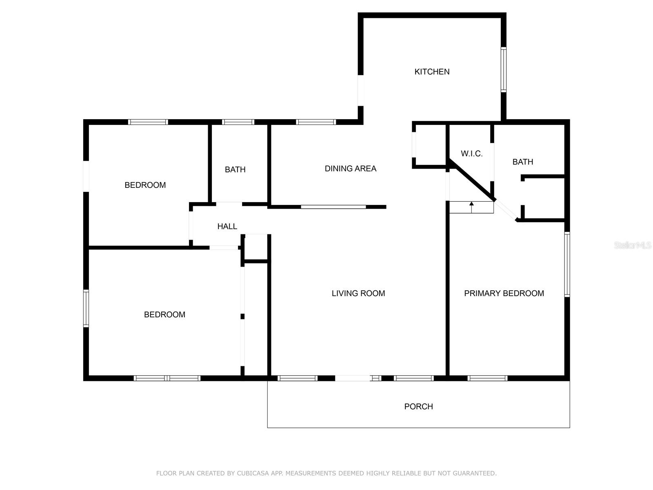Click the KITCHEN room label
[x=432, y=72]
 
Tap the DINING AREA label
[x=351, y=169]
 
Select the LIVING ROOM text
[x=358, y=293]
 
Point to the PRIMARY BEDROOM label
[x=504, y=293]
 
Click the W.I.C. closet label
[x=471, y=154]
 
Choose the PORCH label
[x=418, y=406]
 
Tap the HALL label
[x=227, y=226]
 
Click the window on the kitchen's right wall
[x=503, y=69]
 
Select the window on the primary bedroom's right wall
[x=567, y=264]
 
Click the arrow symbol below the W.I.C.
[x=471, y=207]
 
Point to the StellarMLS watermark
[x=633, y=245]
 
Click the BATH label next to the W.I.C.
[x=523, y=162]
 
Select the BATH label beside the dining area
[x=235, y=169]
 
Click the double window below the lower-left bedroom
[x=167, y=378]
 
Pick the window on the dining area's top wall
[x=316, y=122]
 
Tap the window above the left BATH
[x=238, y=122]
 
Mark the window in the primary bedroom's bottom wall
[x=487, y=378]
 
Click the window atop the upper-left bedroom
[x=148, y=122]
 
